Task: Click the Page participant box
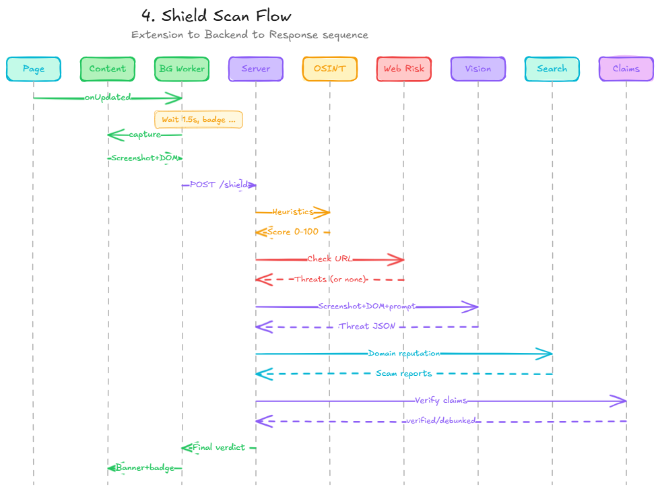point(34,69)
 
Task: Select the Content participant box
point(108,69)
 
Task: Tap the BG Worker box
point(182,69)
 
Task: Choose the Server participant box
point(256,69)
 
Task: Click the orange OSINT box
point(330,69)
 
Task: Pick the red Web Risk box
point(404,69)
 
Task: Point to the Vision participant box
point(478,69)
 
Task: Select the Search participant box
point(552,69)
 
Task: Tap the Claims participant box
point(626,69)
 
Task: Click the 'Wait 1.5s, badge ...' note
point(198,119)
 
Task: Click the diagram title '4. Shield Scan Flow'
point(217,15)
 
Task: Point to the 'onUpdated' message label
point(108,98)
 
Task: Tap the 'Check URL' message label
point(330,259)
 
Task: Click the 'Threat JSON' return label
point(366,326)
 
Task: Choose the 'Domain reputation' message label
point(404,353)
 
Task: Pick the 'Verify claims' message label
point(441,401)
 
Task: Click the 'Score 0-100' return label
point(293,232)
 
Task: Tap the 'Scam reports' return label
point(404,373)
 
